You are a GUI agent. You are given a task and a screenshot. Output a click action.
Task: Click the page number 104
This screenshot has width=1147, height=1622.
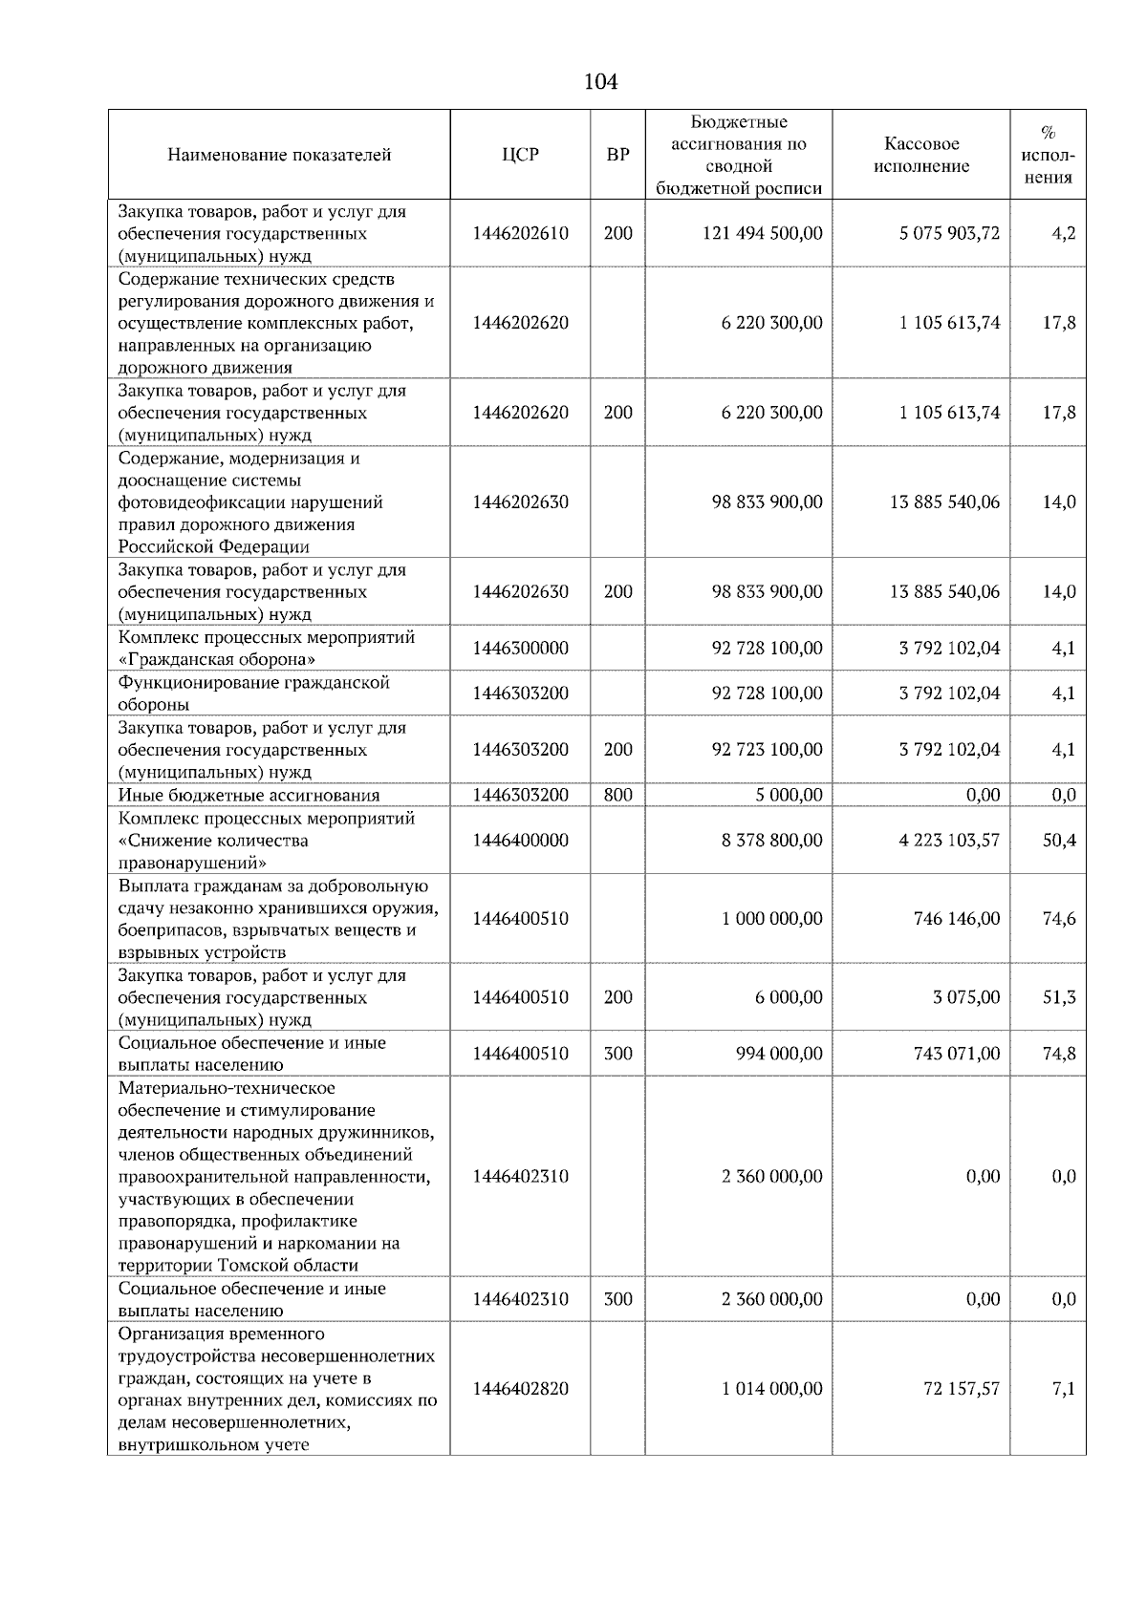pyautogui.click(x=600, y=82)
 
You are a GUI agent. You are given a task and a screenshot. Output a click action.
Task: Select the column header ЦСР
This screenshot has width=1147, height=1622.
pyautogui.click(x=520, y=155)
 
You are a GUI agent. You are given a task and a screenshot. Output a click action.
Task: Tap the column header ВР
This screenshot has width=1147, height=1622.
pyautogui.click(x=617, y=155)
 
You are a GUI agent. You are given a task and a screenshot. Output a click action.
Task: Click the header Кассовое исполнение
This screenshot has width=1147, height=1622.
pyautogui.click(x=920, y=155)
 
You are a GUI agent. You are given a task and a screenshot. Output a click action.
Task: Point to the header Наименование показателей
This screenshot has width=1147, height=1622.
pyautogui.click(x=279, y=155)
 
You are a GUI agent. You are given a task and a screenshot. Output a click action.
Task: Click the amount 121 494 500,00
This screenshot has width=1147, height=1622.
pyautogui.click(x=762, y=233)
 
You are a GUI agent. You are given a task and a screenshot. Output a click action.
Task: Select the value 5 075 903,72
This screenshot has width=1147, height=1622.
pyautogui.click(x=948, y=233)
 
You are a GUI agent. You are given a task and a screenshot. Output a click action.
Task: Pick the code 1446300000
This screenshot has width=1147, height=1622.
pyautogui.click(x=520, y=648)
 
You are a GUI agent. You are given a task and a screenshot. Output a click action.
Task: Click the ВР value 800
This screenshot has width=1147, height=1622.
pyautogui.click(x=617, y=795)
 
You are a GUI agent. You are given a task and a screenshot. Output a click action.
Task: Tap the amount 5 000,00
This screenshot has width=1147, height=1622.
pyautogui.click(x=787, y=795)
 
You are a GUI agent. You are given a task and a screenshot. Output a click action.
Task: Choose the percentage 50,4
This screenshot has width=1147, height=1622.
pyautogui.click(x=1058, y=841)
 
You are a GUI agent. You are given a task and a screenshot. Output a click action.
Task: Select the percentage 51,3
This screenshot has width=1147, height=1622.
pyautogui.click(x=1058, y=997)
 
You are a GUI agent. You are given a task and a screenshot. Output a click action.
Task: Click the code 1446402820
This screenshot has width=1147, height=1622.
pyautogui.click(x=520, y=1389)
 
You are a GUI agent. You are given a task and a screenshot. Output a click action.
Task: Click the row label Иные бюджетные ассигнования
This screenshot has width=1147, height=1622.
pyautogui.click(x=249, y=795)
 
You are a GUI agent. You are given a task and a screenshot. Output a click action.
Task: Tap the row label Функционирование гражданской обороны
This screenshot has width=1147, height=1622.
pyautogui.click(x=254, y=694)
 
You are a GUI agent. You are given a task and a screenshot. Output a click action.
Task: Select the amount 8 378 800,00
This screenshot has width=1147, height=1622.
pyautogui.click(x=771, y=841)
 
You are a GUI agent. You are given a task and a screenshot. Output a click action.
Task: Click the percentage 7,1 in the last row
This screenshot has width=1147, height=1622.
pyautogui.click(x=1064, y=1389)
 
